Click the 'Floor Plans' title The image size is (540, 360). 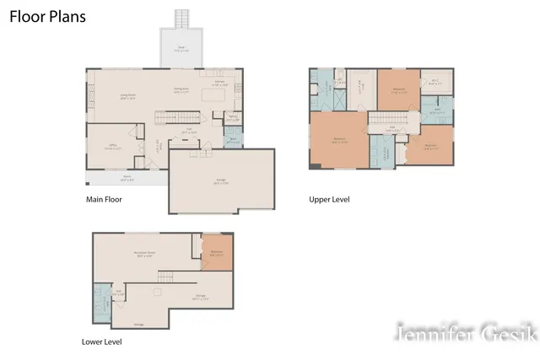click(x=47, y=17)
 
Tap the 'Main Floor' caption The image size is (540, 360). click(x=104, y=200)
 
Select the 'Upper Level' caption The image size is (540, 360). click(x=329, y=200)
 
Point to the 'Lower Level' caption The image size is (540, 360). click(x=103, y=342)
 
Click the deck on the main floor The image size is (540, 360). click(x=180, y=50)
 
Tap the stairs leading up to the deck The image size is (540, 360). click(x=181, y=19)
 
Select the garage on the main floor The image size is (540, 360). click(x=222, y=181)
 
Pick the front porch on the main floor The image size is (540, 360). click(x=127, y=178)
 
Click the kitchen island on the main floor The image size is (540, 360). click(x=217, y=99)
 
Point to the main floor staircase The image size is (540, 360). click(x=178, y=116)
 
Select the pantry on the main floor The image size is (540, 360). click(x=234, y=119)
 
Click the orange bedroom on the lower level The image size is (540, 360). click(x=216, y=250)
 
